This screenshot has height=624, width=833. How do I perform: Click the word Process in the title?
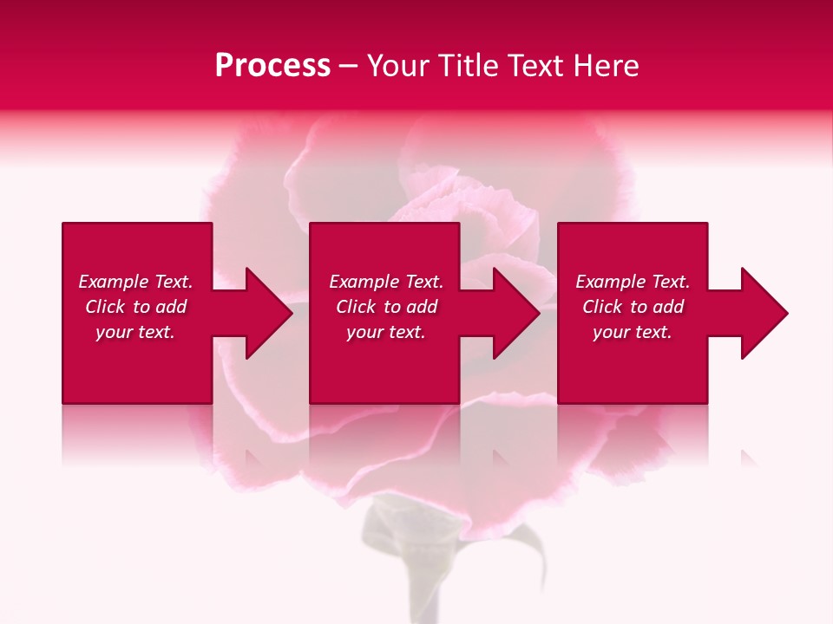[272, 66]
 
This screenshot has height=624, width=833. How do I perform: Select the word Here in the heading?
[606, 66]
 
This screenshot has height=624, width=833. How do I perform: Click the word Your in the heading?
[398, 66]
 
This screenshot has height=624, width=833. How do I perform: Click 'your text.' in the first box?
[135, 332]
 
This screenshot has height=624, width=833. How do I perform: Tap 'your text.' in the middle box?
[385, 332]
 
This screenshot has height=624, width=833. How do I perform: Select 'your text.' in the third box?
[633, 332]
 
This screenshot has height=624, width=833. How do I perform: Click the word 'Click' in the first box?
[105, 307]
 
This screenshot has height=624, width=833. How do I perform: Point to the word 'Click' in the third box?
[602, 307]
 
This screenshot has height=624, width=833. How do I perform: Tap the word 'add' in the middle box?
[422, 307]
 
